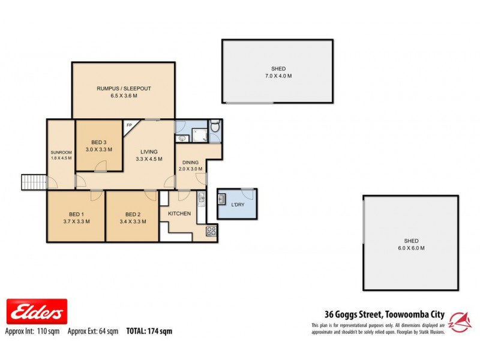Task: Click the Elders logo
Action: [36, 312]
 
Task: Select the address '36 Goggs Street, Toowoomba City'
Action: [379, 313]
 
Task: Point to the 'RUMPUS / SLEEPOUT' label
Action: [124, 89]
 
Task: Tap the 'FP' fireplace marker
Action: [129, 125]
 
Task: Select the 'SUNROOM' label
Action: [61, 152]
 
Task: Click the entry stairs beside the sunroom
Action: [34, 181]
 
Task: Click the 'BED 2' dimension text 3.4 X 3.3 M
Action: [132, 222]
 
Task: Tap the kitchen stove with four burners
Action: [211, 232]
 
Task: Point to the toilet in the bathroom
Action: [217, 127]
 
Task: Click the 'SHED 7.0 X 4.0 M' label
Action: [277, 73]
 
